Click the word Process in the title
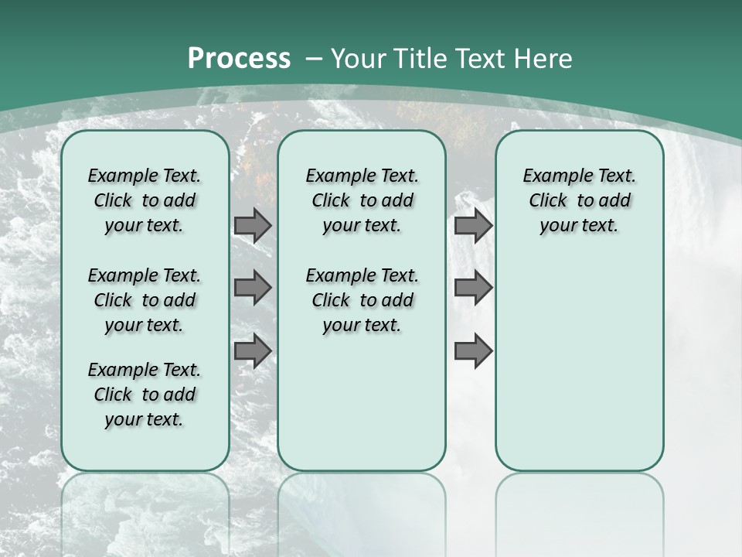(239, 59)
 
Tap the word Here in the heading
(543, 59)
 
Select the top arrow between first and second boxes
(253, 225)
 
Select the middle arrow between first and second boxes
(253, 288)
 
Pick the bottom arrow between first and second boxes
(253, 351)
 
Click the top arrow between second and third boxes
(473, 225)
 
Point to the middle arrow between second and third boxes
(473, 288)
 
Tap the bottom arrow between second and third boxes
(473, 351)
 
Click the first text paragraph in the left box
(145, 200)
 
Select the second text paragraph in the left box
(145, 300)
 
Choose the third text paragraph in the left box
(145, 395)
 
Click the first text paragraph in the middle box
(362, 200)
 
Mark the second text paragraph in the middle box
(362, 300)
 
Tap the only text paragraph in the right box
(579, 200)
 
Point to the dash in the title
(314, 59)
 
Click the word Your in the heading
(359, 59)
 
